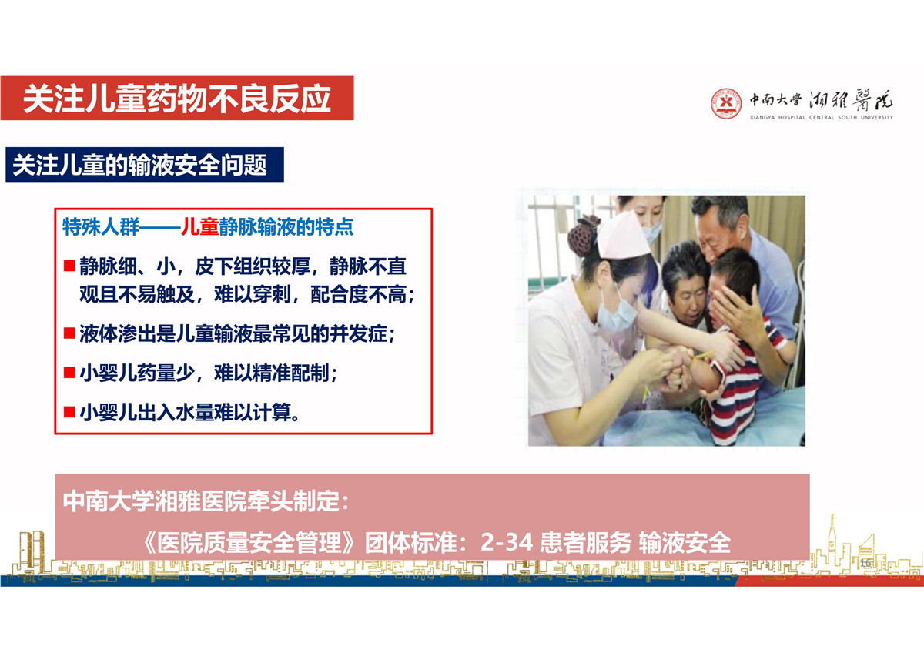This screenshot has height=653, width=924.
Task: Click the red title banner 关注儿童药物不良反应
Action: tap(177, 98)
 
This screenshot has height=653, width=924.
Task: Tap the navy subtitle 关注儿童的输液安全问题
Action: tap(145, 165)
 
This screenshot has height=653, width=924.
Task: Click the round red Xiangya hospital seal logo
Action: tap(726, 103)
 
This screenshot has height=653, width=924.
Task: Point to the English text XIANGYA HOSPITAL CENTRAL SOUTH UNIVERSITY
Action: tap(822, 118)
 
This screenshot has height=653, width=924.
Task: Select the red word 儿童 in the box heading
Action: tap(199, 226)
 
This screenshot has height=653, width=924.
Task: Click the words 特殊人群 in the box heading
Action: tap(101, 226)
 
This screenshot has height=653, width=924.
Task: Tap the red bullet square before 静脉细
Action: tap(69, 265)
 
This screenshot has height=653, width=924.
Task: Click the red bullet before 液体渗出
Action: tap(69, 333)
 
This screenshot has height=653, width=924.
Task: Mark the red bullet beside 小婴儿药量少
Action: tap(69, 373)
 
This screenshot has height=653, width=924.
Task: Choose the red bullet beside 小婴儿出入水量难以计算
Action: tap(69, 412)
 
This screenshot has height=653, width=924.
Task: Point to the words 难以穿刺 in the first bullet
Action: tap(253, 294)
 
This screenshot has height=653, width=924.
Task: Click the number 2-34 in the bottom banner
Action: tap(507, 542)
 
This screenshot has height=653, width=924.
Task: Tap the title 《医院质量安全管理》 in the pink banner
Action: tap(249, 542)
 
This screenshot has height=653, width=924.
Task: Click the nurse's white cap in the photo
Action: tap(623, 236)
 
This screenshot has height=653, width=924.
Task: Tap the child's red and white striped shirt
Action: tap(738, 392)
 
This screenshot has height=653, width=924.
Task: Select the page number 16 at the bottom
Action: tap(865, 563)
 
